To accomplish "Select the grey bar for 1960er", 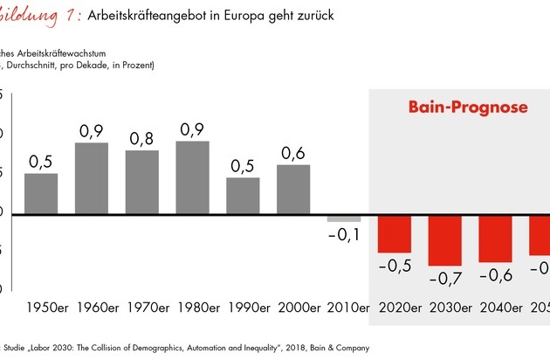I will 92,177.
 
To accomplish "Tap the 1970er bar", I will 142,181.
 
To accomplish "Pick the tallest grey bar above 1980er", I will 192,177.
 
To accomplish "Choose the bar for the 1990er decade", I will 243,195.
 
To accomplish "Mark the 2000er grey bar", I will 293,188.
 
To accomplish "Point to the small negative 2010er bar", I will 344,218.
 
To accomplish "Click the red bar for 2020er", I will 395,233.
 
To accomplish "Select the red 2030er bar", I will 445,239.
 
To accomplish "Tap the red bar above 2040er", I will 495,237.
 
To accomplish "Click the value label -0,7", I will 445,279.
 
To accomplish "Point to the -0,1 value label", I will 344,236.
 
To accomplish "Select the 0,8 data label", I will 142,139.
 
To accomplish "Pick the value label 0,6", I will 293,153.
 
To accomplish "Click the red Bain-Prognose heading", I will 468,108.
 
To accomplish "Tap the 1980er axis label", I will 192,309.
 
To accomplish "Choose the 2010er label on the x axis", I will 344,309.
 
